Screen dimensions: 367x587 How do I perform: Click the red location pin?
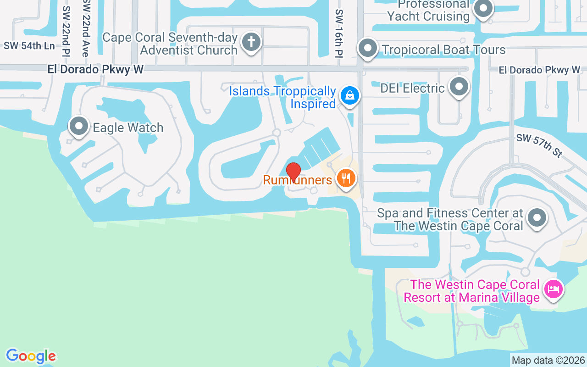293,172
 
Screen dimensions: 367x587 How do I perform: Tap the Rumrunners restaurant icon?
346,178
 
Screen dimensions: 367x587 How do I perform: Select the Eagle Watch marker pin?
79,126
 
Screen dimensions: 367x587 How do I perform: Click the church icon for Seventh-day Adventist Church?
251,42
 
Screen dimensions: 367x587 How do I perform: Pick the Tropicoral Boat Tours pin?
367,48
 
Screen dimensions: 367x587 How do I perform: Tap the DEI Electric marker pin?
459,86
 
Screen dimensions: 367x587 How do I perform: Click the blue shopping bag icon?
350,96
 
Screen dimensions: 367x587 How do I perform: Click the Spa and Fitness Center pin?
537,218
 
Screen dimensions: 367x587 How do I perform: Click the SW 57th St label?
539,146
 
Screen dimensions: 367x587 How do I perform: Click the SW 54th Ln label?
29,46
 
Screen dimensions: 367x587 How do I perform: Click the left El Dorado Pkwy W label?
95,69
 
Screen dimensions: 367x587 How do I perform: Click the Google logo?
31,356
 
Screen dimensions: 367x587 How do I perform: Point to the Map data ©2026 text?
548,360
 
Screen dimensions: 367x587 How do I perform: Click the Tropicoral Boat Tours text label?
444,50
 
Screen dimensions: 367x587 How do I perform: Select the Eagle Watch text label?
128,128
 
